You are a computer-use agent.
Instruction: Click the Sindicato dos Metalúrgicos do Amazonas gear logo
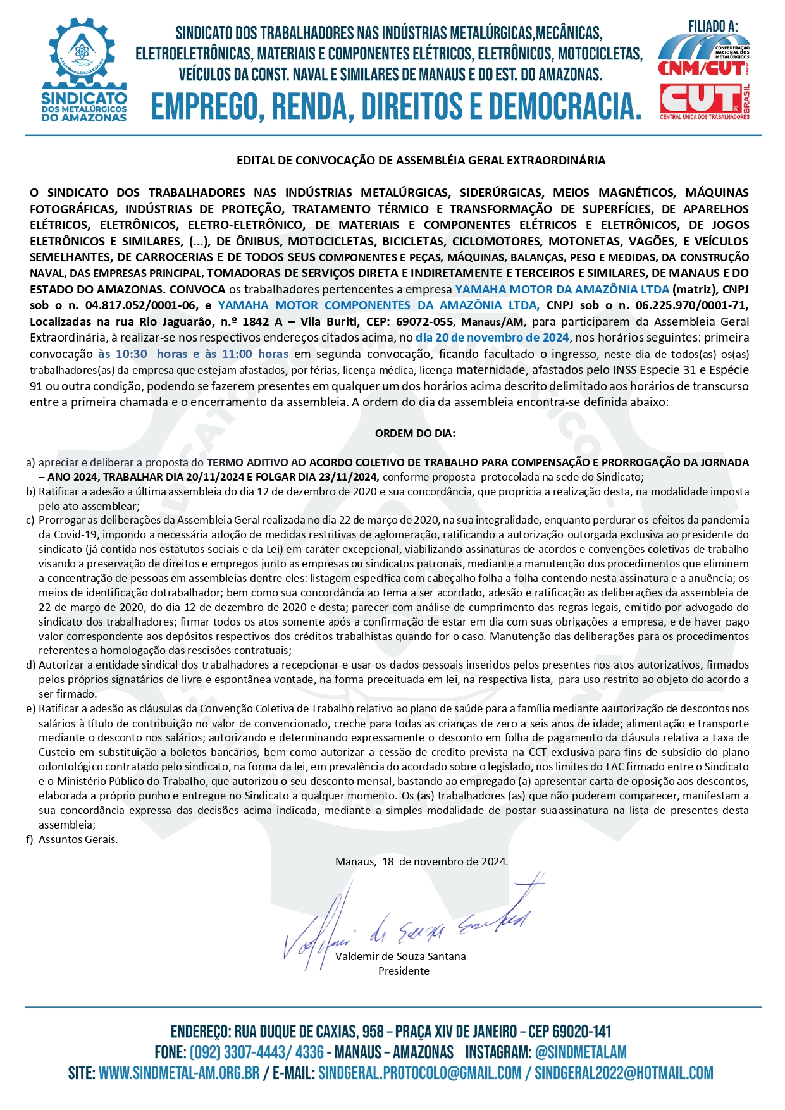(83, 68)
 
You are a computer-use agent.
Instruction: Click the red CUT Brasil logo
(703, 100)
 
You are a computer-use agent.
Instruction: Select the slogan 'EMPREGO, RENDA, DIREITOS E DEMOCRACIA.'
(395, 106)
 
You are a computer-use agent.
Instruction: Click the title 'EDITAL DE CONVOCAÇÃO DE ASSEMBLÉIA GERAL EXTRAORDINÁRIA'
(421, 161)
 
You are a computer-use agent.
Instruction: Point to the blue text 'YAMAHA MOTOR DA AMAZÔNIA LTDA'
(562, 290)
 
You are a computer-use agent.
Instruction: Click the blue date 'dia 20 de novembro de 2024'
(492, 338)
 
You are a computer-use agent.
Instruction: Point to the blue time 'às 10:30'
(123, 354)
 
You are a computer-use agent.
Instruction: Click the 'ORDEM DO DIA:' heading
(415, 434)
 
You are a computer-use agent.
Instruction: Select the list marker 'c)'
(30, 521)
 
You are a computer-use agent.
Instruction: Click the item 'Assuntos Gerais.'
(78, 840)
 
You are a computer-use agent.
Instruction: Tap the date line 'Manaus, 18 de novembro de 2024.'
(421, 861)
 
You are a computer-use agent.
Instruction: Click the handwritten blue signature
(405, 920)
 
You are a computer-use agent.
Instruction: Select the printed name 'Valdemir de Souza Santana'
(400, 956)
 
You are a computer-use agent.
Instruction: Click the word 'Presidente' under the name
(404, 971)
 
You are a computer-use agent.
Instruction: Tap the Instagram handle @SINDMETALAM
(581, 1052)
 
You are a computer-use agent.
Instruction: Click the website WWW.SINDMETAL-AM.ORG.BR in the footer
(179, 1073)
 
